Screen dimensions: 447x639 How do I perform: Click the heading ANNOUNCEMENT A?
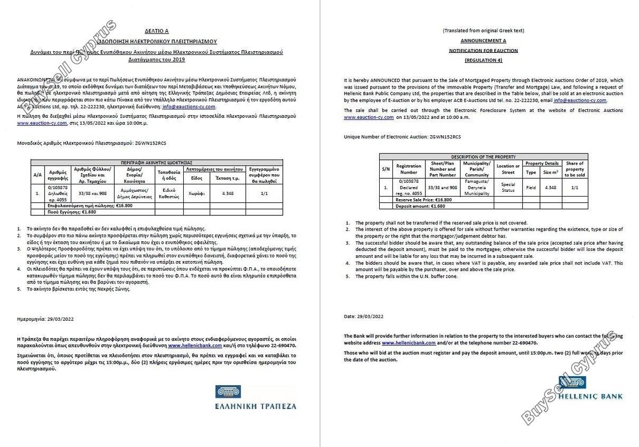coord(483,40)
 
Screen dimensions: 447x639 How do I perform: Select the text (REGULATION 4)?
coord(483,60)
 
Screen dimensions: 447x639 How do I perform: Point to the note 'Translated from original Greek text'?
coord(483,30)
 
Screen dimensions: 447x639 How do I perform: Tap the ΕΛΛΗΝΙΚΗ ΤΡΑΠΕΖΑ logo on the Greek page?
coord(256,398)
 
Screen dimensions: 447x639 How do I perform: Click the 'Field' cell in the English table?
coord(531,188)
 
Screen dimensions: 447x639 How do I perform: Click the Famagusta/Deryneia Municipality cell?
coord(477,188)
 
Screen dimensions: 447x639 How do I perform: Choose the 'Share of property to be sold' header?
coord(574,169)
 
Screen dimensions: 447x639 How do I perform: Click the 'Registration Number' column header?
coord(408,169)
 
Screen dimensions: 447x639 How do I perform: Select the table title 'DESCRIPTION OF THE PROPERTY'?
coord(483,157)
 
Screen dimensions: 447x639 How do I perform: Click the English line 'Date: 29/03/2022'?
coord(364,316)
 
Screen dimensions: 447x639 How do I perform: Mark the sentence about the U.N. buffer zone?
coord(406,277)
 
